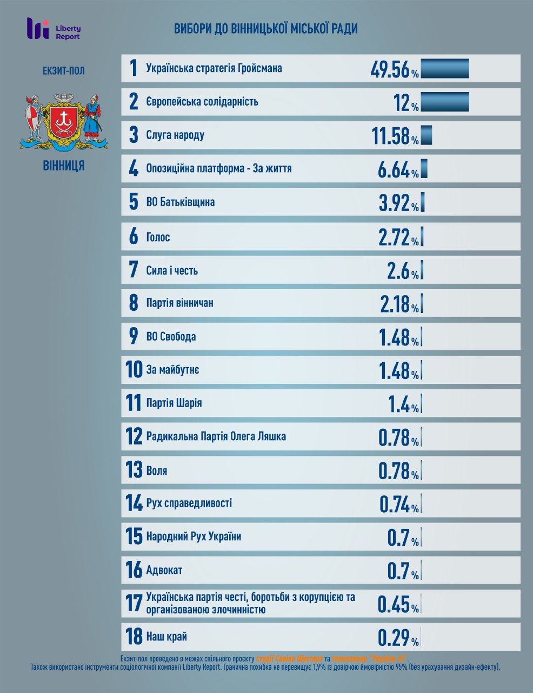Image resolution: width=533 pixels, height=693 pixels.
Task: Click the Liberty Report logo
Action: (x=54, y=29)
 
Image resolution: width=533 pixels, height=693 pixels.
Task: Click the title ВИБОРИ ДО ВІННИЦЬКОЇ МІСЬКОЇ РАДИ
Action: (x=265, y=29)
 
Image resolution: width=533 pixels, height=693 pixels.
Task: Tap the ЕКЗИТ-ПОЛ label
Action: (x=64, y=71)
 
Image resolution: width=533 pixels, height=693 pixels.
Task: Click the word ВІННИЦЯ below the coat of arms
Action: (x=64, y=166)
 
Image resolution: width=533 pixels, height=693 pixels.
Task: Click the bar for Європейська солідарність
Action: (x=444, y=102)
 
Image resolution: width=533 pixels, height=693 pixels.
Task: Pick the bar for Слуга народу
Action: (x=426, y=135)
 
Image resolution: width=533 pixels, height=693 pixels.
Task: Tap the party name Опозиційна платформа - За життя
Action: (x=219, y=168)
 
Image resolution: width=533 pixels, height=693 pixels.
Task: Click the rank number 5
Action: (x=134, y=202)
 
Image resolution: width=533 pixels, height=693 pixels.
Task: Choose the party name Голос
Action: (x=158, y=237)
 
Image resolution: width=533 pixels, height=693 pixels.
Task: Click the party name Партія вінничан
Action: (x=179, y=303)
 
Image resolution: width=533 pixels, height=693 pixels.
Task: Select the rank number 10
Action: (x=134, y=370)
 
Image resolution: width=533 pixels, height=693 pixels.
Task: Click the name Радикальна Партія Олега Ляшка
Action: (x=216, y=436)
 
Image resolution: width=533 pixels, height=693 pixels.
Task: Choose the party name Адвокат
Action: (x=164, y=570)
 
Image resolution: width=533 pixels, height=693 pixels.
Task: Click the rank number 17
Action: (x=134, y=604)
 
